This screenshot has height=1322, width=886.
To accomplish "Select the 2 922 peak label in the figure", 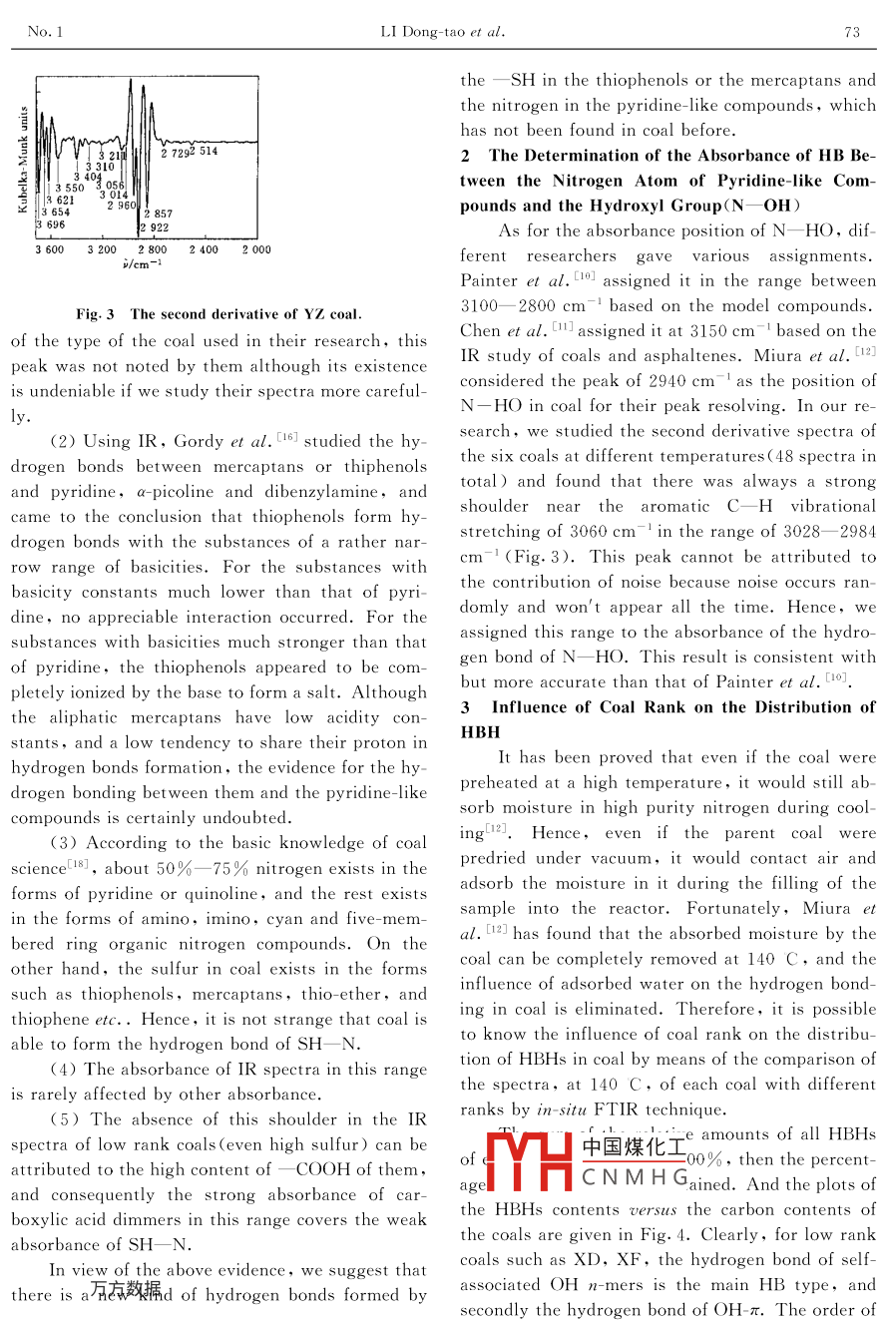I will [x=155, y=227].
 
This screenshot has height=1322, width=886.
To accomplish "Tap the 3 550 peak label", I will [x=70, y=188].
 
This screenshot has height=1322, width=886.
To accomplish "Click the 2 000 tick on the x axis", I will [x=255, y=250].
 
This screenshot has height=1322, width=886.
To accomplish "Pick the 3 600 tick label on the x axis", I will [x=50, y=250].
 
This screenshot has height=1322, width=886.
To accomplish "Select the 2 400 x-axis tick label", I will [x=204, y=250].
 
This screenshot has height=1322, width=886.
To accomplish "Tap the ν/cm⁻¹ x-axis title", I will [x=142, y=263].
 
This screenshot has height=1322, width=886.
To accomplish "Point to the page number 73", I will [x=852, y=32].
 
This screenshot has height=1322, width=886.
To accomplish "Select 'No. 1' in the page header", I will [x=46, y=32].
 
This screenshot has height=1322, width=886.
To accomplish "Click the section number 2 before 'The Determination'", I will [x=465, y=156].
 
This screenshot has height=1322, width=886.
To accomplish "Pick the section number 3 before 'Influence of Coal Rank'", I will [x=465, y=707].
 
